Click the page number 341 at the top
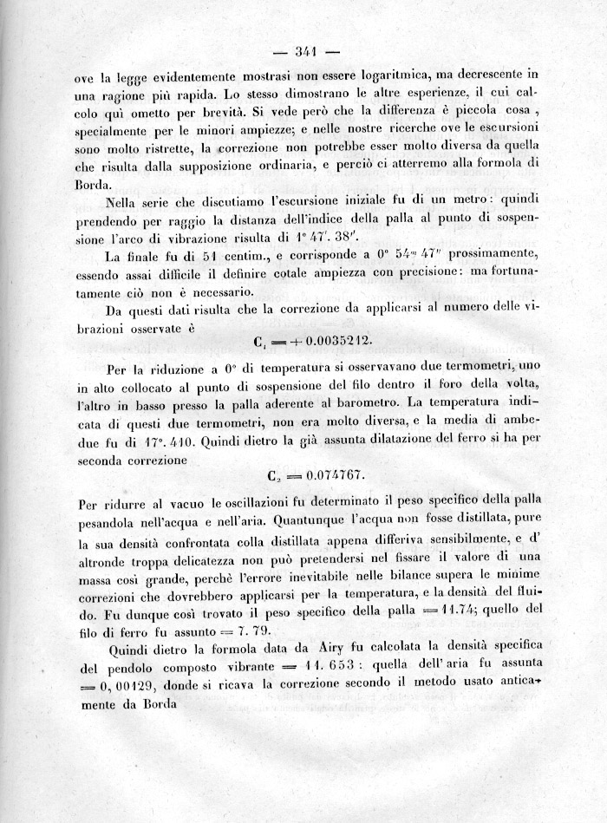(303, 51)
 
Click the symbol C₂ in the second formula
(271, 476)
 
